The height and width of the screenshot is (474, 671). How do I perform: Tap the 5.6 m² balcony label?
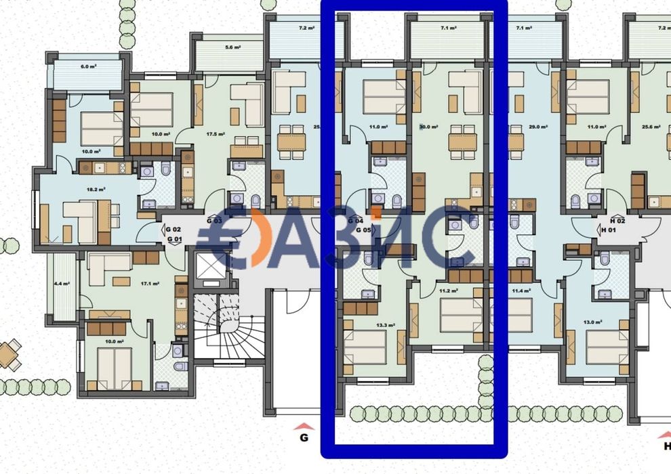232,47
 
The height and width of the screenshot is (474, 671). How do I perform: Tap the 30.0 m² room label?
428,127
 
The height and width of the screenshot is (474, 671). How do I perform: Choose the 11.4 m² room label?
522,291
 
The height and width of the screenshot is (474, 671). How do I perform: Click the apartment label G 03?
214,221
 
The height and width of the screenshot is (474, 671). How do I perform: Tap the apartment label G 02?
174,230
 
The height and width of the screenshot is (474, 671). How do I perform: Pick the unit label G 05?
363,230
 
